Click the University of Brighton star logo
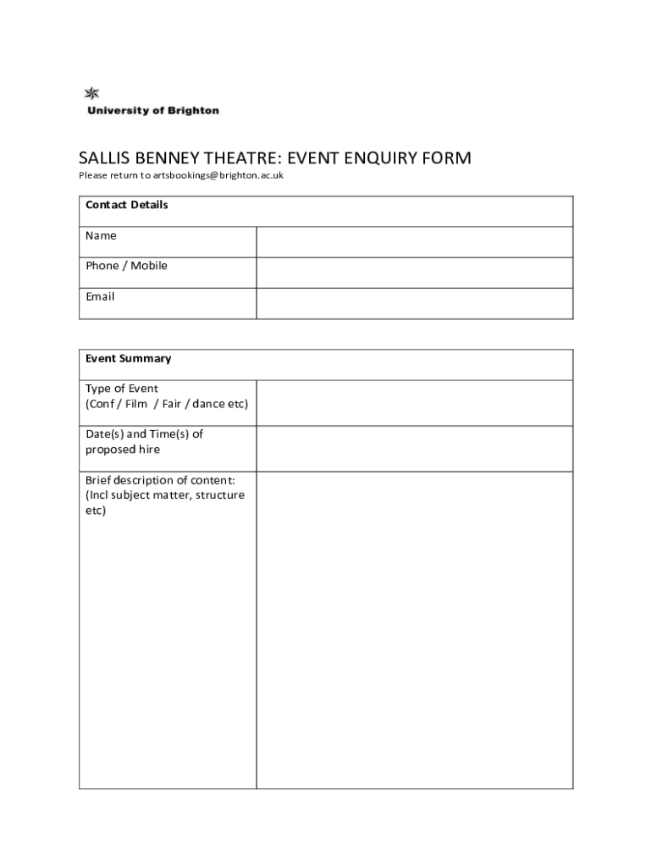coord(91,94)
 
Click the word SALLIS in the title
coord(103,158)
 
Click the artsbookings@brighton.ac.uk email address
coord(218,176)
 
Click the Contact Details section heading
coord(126,205)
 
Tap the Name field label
coord(101,235)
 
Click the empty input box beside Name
coord(414,242)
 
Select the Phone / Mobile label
coord(126,266)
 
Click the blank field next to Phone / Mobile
coord(414,273)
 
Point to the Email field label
coord(100,296)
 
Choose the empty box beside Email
coord(414,303)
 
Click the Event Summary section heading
coord(128,358)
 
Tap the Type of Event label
coord(122,389)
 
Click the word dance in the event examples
coord(209,404)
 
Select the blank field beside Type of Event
coord(414,403)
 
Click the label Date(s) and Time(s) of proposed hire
coord(144,442)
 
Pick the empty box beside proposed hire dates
coord(414,449)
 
